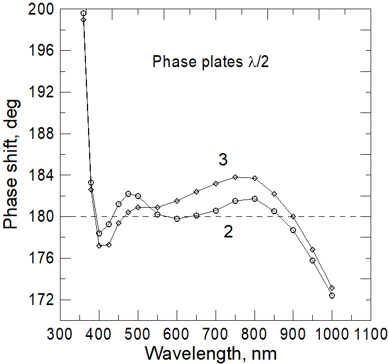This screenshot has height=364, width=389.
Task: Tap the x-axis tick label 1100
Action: (370, 332)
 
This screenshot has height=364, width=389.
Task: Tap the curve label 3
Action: (222, 160)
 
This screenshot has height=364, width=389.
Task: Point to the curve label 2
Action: (229, 232)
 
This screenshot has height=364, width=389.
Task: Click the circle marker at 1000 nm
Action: (332, 295)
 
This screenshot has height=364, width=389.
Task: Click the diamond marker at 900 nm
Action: (293, 216)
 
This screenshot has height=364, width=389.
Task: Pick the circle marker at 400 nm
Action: (99, 233)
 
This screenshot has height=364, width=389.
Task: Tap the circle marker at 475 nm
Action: (128, 194)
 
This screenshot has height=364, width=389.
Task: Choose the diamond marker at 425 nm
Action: (109, 244)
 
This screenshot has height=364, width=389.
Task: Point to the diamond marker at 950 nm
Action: (312, 249)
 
